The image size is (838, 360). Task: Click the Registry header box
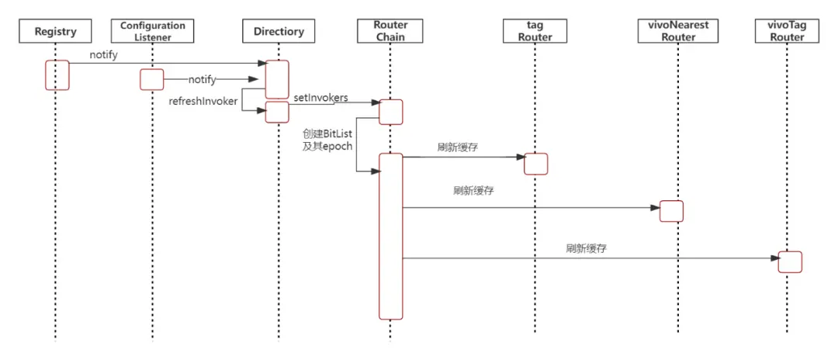coord(56,32)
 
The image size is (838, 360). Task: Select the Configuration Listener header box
coord(152,31)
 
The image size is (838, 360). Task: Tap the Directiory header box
coord(278,32)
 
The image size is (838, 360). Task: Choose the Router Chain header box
coord(390,31)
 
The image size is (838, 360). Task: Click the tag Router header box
coord(535,31)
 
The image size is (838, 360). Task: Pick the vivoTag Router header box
coord(788,31)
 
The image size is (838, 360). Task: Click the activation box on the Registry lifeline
coord(57,75)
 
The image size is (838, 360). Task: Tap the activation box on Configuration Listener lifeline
coord(151,79)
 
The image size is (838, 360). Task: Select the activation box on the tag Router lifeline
coord(535,164)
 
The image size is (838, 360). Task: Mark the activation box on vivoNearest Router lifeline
coord(671,211)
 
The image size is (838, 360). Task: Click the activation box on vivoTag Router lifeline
coord(789,261)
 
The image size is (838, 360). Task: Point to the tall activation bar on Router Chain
coord(390,236)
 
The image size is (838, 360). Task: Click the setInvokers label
coord(320,97)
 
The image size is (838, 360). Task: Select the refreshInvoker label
coord(203,101)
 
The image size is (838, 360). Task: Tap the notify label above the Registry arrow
coord(103,55)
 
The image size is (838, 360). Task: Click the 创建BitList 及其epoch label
coord(327,140)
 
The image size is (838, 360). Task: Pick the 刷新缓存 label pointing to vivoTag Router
coord(586,249)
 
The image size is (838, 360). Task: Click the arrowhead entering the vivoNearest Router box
coord(654,207)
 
